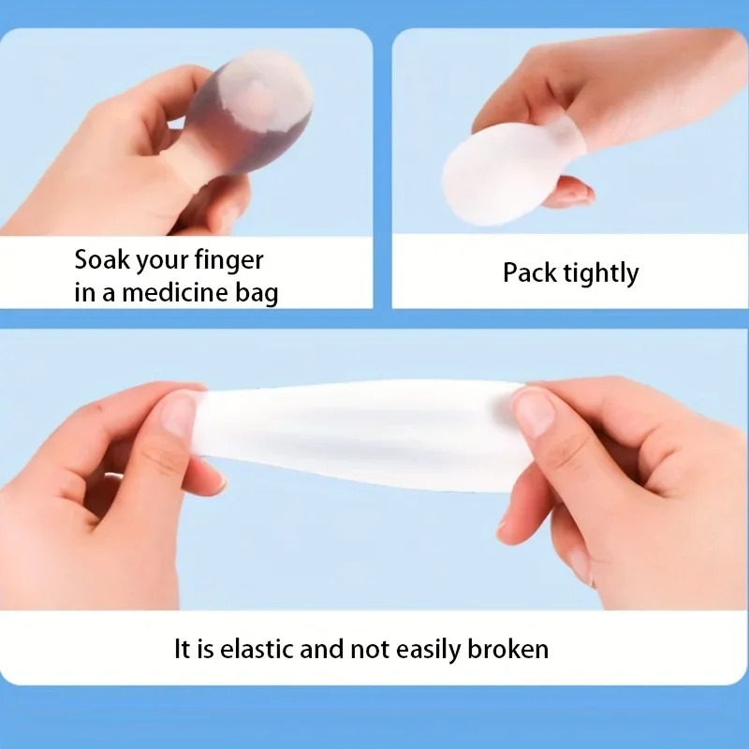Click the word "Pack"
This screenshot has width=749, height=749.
[528, 273]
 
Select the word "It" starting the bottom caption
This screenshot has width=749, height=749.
[184, 648]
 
